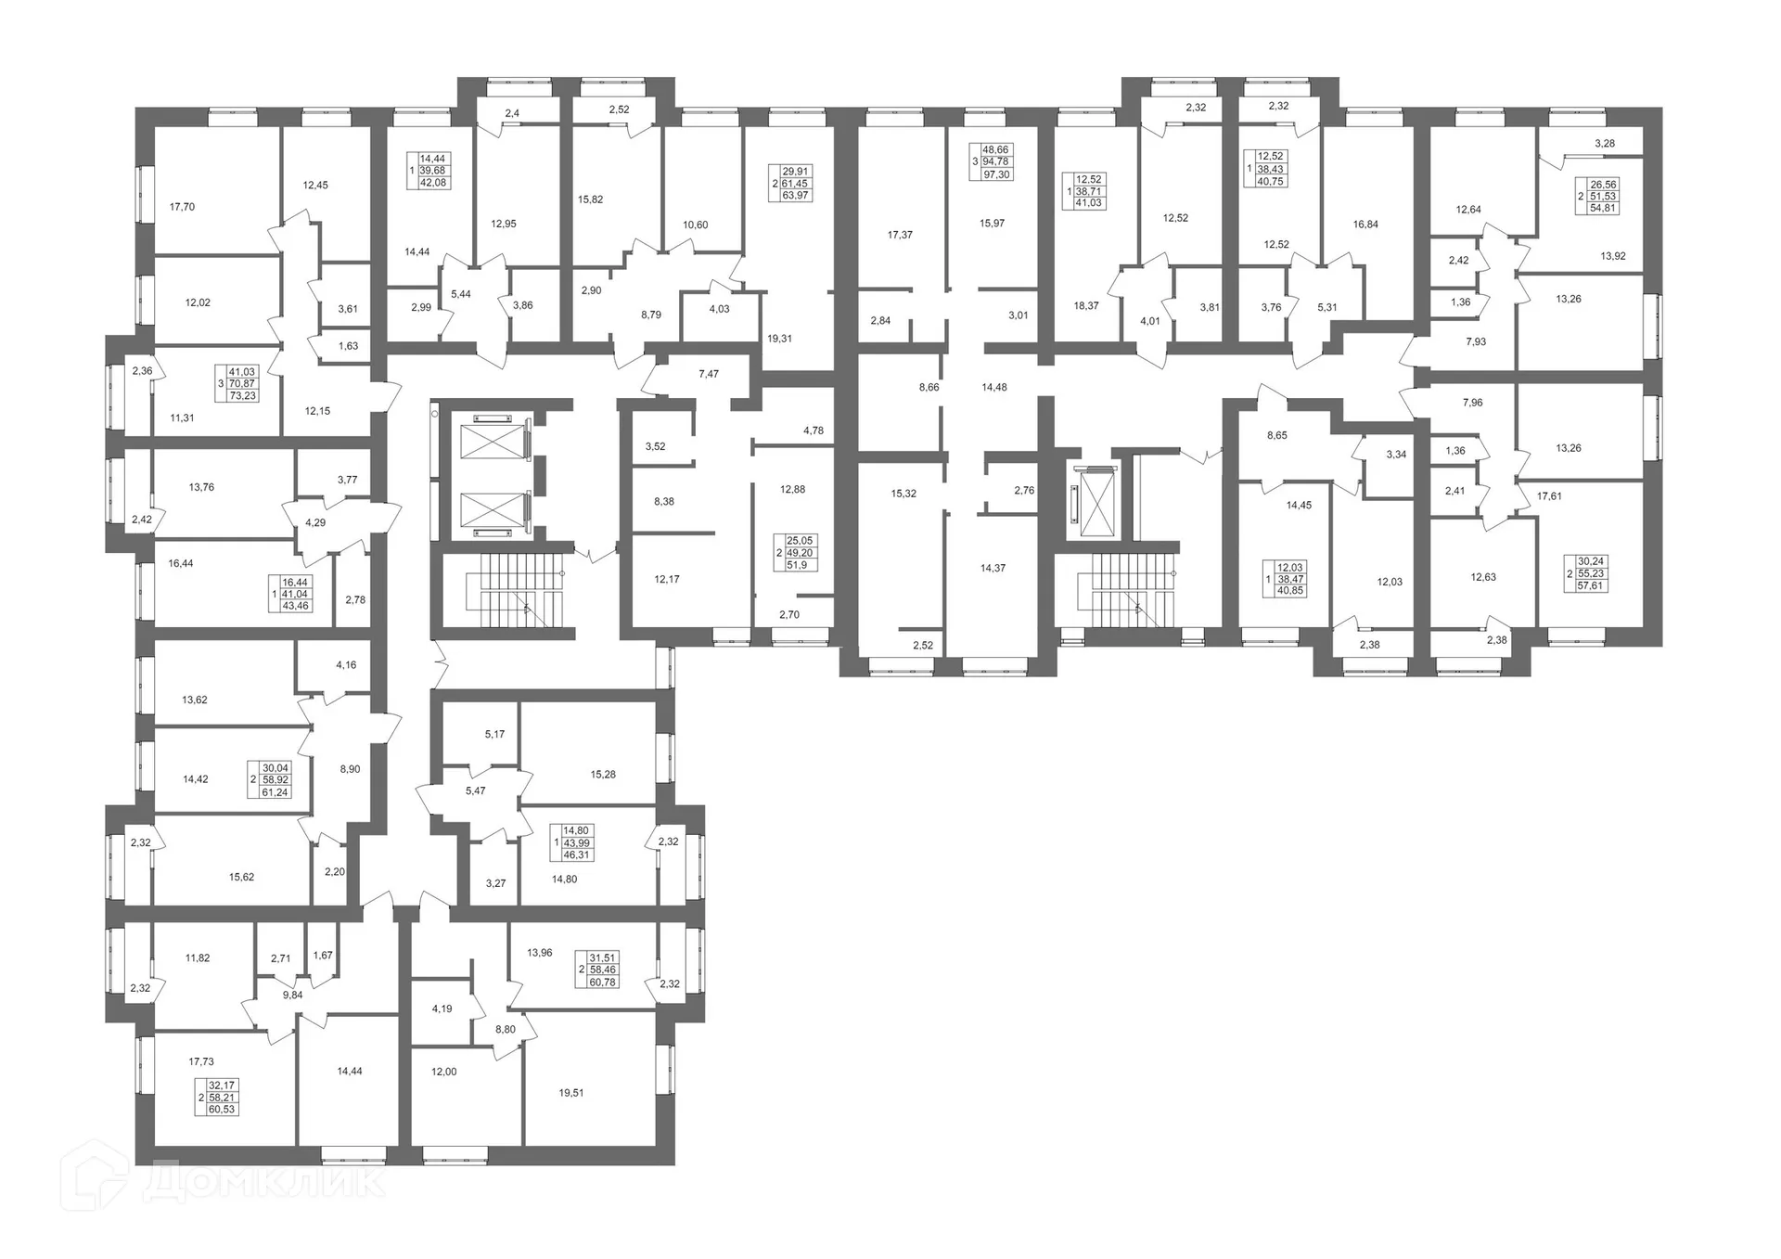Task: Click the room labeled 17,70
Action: (183, 207)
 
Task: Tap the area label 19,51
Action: (571, 1093)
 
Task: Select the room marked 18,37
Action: (1085, 305)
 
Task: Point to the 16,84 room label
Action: (1365, 225)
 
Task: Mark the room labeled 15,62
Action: (241, 877)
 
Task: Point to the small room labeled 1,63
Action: (348, 346)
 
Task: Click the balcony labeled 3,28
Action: (1605, 143)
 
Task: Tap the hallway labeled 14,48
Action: (994, 387)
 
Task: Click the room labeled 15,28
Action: (603, 774)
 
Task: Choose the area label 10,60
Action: (695, 225)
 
